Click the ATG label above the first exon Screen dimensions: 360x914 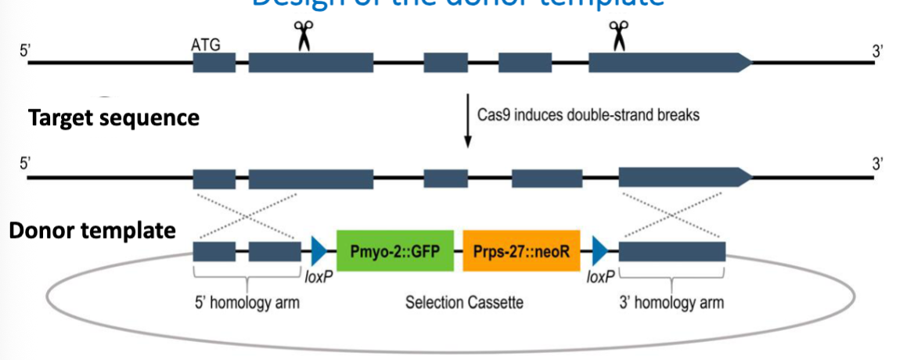(x=206, y=45)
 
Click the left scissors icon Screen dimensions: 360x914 (x=302, y=36)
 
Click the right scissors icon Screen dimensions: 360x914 (x=619, y=36)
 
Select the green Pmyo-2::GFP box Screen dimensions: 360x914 (x=395, y=251)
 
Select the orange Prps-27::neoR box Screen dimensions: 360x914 (x=521, y=251)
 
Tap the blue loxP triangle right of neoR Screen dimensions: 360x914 (x=600, y=251)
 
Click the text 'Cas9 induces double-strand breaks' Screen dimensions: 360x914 (x=588, y=114)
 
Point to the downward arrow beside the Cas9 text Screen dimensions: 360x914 (x=467, y=121)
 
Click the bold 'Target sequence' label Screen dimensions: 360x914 (x=113, y=118)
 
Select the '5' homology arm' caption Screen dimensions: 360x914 (x=246, y=302)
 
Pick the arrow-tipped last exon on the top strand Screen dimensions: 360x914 (x=670, y=63)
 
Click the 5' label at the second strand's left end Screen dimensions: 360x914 (x=25, y=165)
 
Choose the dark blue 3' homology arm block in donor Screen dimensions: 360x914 (x=672, y=251)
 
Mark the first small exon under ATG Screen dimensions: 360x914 (x=214, y=63)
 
